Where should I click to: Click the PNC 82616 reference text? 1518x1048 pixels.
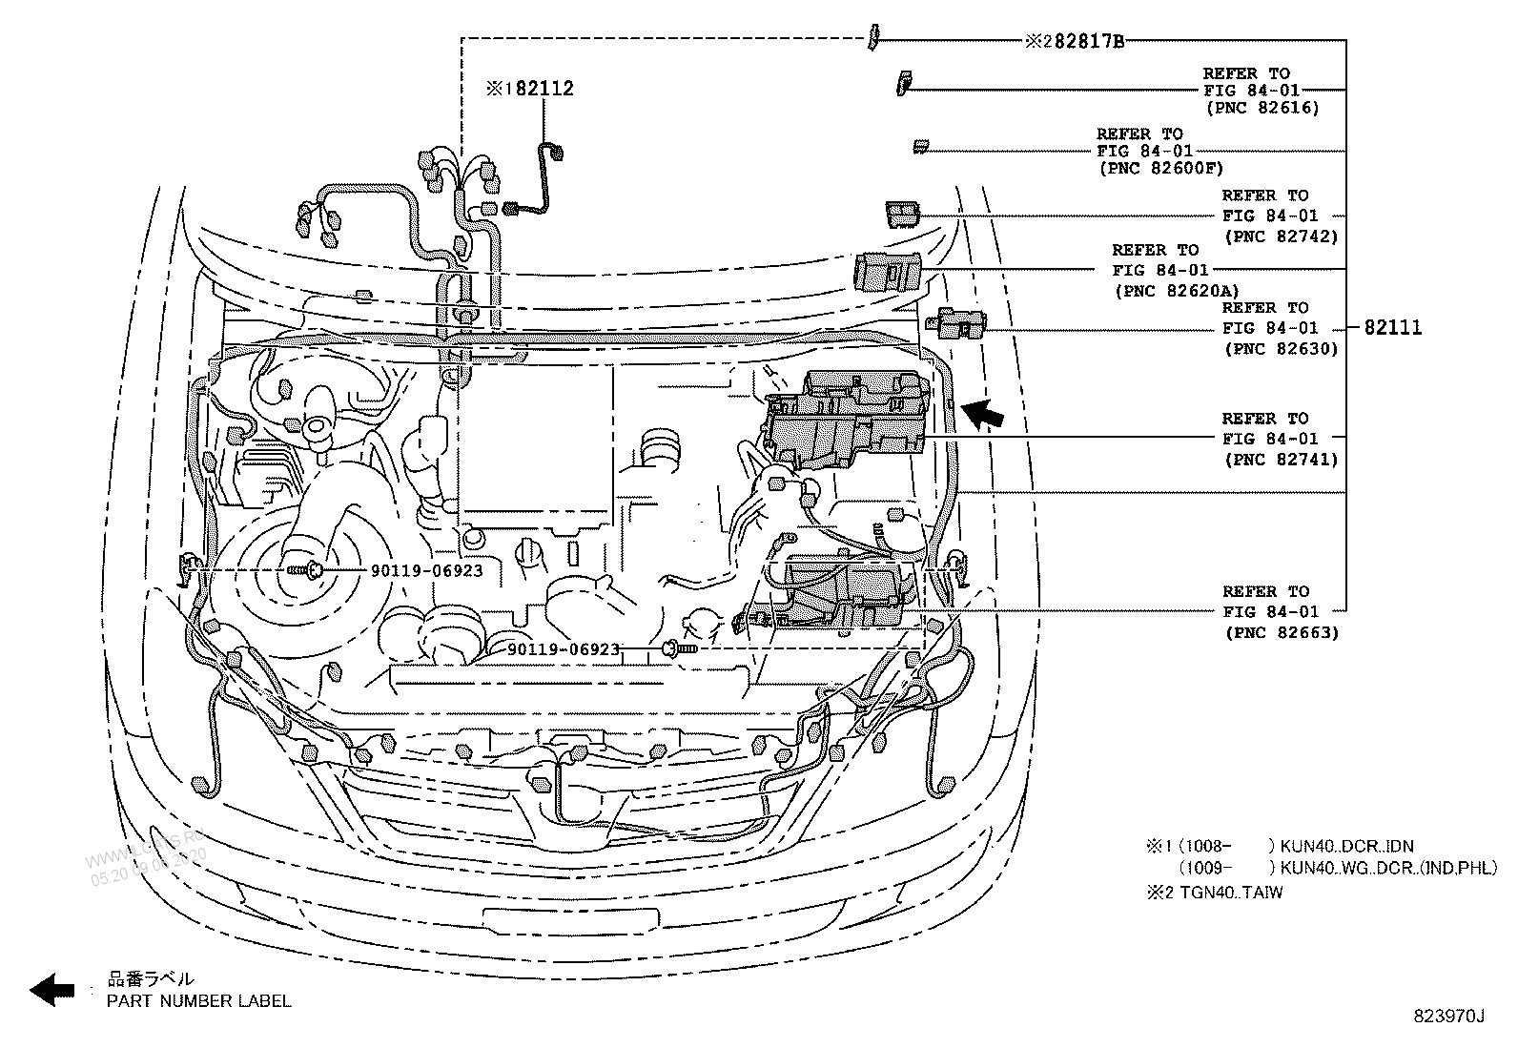click(1262, 108)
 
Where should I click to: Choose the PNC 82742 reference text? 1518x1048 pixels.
click(1281, 236)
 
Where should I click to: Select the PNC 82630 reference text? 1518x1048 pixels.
click(1281, 348)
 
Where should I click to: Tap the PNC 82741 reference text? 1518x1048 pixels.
click(1281, 459)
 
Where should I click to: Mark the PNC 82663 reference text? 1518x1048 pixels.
click(1281, 632)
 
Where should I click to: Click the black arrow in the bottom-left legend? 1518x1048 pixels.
click(52, 990)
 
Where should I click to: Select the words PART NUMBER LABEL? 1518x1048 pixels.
click(198, 1000)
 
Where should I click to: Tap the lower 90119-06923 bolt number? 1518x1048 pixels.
click(564, 649)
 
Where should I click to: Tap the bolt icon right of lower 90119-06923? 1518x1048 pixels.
click(681, 649)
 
